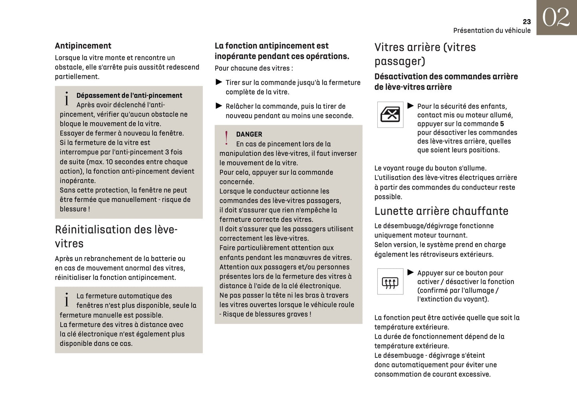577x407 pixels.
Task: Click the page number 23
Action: click(526, 22)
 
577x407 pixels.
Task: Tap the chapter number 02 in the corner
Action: click(556, 18)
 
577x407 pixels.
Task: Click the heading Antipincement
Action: click(83, 46)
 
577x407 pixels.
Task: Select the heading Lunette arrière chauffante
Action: click(441, 211)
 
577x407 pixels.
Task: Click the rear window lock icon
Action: click(390, 115)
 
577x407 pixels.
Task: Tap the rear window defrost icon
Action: click(390, 281)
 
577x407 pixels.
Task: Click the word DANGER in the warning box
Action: click(249, 134)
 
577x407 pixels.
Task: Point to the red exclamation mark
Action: click(226, 138)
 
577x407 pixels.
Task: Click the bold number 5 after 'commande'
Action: click(502, 124)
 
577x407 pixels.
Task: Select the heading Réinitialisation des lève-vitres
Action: click(116, 236)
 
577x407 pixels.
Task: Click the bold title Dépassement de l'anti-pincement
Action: click(129, 96)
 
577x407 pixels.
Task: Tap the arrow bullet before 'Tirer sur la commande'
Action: click(219, 82)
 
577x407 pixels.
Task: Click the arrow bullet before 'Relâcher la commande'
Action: click(219, 106)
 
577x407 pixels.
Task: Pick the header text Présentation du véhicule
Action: click(492, 30)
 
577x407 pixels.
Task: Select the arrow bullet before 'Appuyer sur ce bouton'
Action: click(410, 273)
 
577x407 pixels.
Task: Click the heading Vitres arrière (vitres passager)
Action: click(425, 54)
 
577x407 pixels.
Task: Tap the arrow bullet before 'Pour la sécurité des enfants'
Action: click(410, 106)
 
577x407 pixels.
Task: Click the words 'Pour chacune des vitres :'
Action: click(254, 68)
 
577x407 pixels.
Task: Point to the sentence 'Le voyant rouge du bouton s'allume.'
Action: click(430, 168)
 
